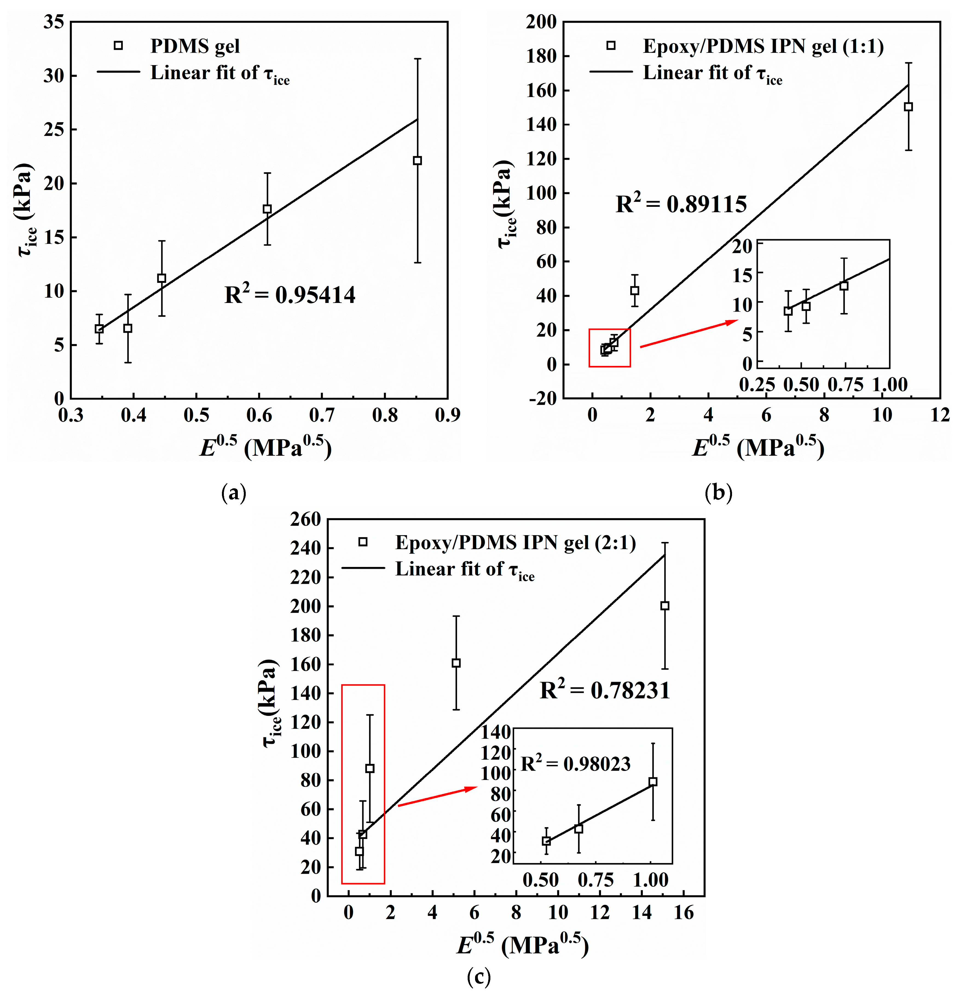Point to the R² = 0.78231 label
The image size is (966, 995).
[x=605, y=690]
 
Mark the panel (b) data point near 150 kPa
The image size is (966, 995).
[x=908, y=107]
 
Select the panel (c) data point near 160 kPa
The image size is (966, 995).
[x=456, y=663]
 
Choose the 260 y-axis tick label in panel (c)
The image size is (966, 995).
[x=305, y=519]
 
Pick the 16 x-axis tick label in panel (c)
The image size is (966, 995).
[x=683, y=912]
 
